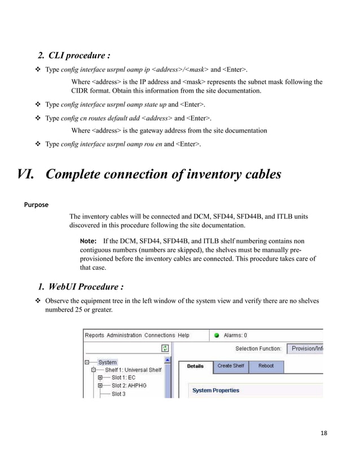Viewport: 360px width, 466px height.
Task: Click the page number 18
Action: tap(323, 433)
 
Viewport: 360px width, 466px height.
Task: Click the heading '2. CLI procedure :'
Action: tap(73, 55)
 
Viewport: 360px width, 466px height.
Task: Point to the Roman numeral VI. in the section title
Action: tap(28, 174)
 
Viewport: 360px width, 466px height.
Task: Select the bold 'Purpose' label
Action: tap(35, 204)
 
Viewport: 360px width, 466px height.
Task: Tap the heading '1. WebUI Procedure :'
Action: tap(80, 287)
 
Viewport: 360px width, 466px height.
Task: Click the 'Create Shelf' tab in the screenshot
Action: tap(231, 366)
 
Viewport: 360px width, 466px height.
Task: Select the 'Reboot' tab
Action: tap(266, 366)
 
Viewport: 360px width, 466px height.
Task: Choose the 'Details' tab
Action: tap(195, 366)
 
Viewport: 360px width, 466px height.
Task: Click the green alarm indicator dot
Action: tap(216, 335)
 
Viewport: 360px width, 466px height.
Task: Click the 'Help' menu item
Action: tap(183, 335)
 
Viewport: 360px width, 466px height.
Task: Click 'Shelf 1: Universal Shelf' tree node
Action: tap(133, 370)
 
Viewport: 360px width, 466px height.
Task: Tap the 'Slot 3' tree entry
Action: tap(118, 394)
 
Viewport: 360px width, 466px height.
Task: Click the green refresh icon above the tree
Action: tap(165, 349)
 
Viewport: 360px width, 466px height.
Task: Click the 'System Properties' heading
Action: tap(216, 390)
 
